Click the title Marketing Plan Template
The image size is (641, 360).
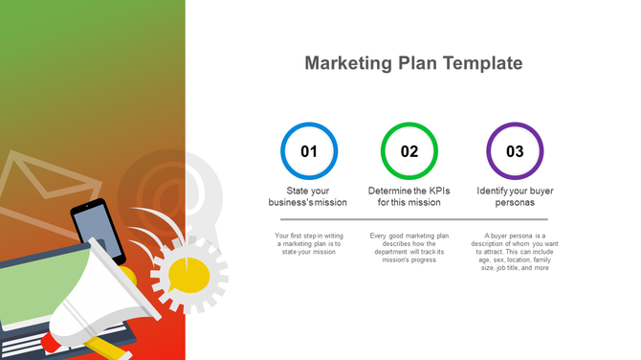413,64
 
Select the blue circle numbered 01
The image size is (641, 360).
309,151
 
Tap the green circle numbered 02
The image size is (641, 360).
409,151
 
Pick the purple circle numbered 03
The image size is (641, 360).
515,151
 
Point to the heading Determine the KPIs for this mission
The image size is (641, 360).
409,196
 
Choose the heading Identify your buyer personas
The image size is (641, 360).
515,196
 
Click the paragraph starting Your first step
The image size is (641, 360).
309,243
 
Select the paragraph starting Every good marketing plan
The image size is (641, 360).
409,247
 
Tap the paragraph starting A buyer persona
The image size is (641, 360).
515,251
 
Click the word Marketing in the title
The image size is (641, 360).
346,64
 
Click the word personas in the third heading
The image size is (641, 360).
515,203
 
